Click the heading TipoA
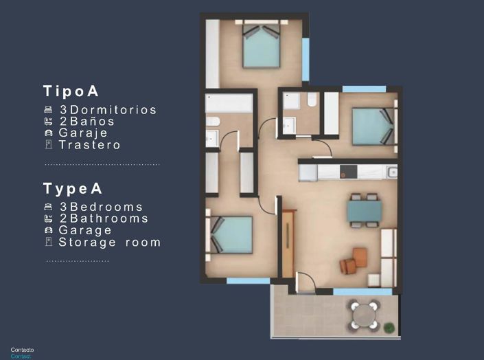(x=71, y=91)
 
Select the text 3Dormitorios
(x=108, y=110)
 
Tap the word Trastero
(x=89, y=145)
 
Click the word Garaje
(x=83, y=133)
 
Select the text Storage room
(x=109, y=242)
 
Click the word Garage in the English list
(x=85, y=230)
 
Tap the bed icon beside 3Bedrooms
(x=48, y=207)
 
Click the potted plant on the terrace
(x=389, y=326)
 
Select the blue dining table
(x=364, y=210)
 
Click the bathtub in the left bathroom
(x=229, y=104)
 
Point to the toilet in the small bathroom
(x=312, y=101)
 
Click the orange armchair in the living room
(x=359, y=256)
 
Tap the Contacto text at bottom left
(x=22, y=350)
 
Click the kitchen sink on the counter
(x=391, y=172)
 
